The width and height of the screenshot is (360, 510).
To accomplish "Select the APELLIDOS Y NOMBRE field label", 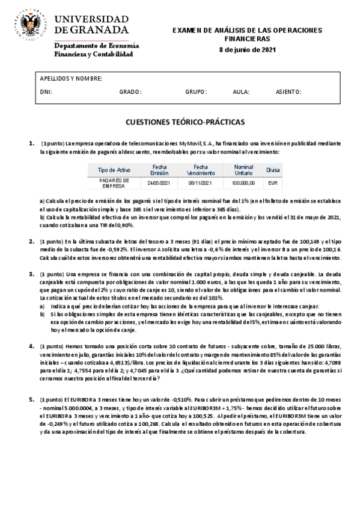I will click(x=71, y=79).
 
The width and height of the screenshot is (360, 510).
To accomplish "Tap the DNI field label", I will click(x=46, y=92).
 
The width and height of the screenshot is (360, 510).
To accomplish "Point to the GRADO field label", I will click(x=130, y=92).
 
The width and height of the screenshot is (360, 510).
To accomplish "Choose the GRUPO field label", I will click(x=196, y=92).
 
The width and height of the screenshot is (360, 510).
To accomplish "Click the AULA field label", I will click(x=240, y=92).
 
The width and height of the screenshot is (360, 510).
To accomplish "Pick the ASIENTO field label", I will click(x=288, y=92).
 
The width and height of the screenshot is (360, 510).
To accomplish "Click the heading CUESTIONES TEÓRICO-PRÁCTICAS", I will click(x=185, y=122).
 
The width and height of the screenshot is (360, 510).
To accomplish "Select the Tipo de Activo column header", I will click(x=114, y=170).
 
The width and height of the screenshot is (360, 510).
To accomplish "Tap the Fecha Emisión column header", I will click(x=159, y=170).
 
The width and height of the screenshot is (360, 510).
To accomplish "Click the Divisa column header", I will click(x=273, y=170).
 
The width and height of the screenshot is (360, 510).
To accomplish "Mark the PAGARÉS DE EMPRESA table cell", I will click(x=114, y=182).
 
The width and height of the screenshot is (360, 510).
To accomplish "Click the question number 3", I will click(x=32, y=274).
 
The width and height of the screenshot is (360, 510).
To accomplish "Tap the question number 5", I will click(x=32, y=399).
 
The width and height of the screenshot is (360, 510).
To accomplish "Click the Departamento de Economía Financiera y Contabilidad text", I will click(x=96, y=50).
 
